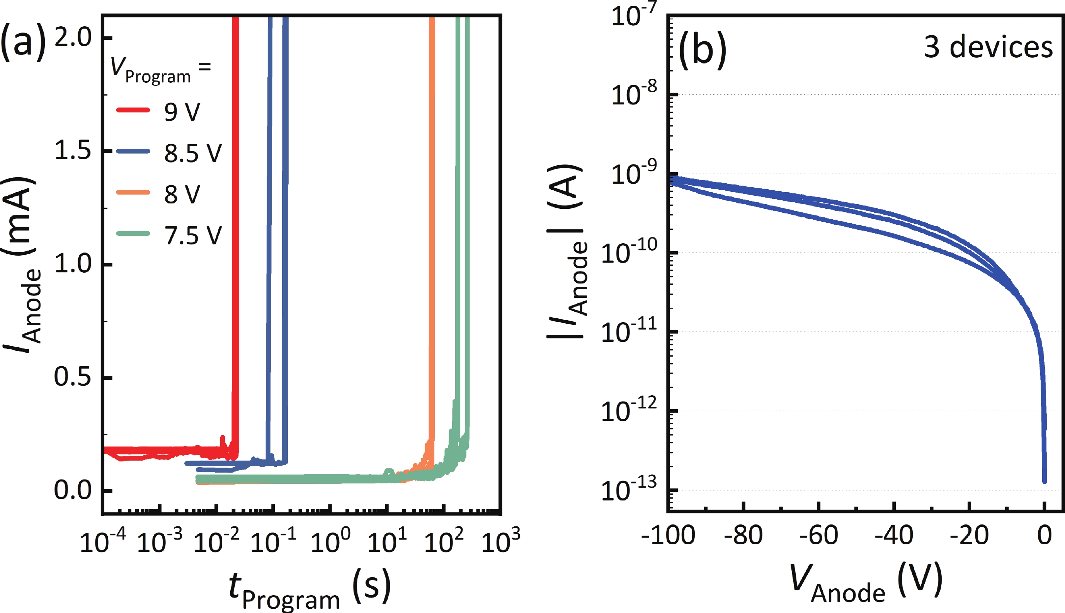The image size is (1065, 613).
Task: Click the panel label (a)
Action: click(x=23, y=42)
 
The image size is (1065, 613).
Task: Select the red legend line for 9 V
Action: click(x=133, y=110)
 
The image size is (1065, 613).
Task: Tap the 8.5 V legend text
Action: click(x=193, y=153)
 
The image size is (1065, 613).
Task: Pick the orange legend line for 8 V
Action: click(x=133, y=192)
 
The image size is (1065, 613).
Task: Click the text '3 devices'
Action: click(x=988, y=47)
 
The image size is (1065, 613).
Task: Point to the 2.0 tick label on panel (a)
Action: click(x=73, y=38)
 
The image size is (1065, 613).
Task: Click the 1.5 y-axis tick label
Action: click(x=73, y=151)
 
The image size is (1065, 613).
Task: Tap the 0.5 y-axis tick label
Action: click(x=73, y=377)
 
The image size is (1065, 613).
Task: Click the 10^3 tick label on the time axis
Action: click(x=500, y=541)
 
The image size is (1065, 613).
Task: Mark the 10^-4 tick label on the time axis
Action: click(x=103, y=541)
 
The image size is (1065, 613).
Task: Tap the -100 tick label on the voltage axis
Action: click(x=668, y=536)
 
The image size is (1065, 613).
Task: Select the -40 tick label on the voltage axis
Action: click(x=894, y=536)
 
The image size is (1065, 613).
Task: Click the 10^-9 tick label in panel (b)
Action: click(x=633, y=174)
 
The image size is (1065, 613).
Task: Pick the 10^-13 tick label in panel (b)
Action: click(x=628, y=489)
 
